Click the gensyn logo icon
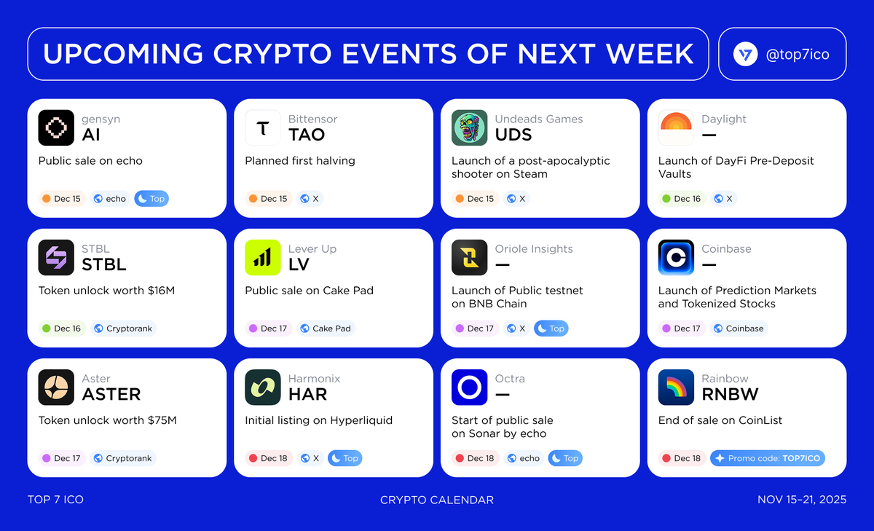(56, 127)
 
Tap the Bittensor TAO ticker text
(307, 135)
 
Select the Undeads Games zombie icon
(469, 127)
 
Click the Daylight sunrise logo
(676, 127)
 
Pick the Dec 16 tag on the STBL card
(62, 329)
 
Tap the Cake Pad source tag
(326, 329)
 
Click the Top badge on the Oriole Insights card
(551, 329)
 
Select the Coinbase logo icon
(676, 258)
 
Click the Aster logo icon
(56, 388)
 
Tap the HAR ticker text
(308, 395)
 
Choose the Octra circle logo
(469, 388)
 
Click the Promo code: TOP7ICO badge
(768, 458)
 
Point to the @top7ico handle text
(798, 54)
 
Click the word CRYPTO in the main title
(272, 53)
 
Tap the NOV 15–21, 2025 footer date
(802, 500)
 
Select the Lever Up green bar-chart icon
(263, 258)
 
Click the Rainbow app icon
(676, 388)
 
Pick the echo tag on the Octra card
(524, 458)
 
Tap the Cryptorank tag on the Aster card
(123, 458)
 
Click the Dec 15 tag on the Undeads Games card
(475, 199)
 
